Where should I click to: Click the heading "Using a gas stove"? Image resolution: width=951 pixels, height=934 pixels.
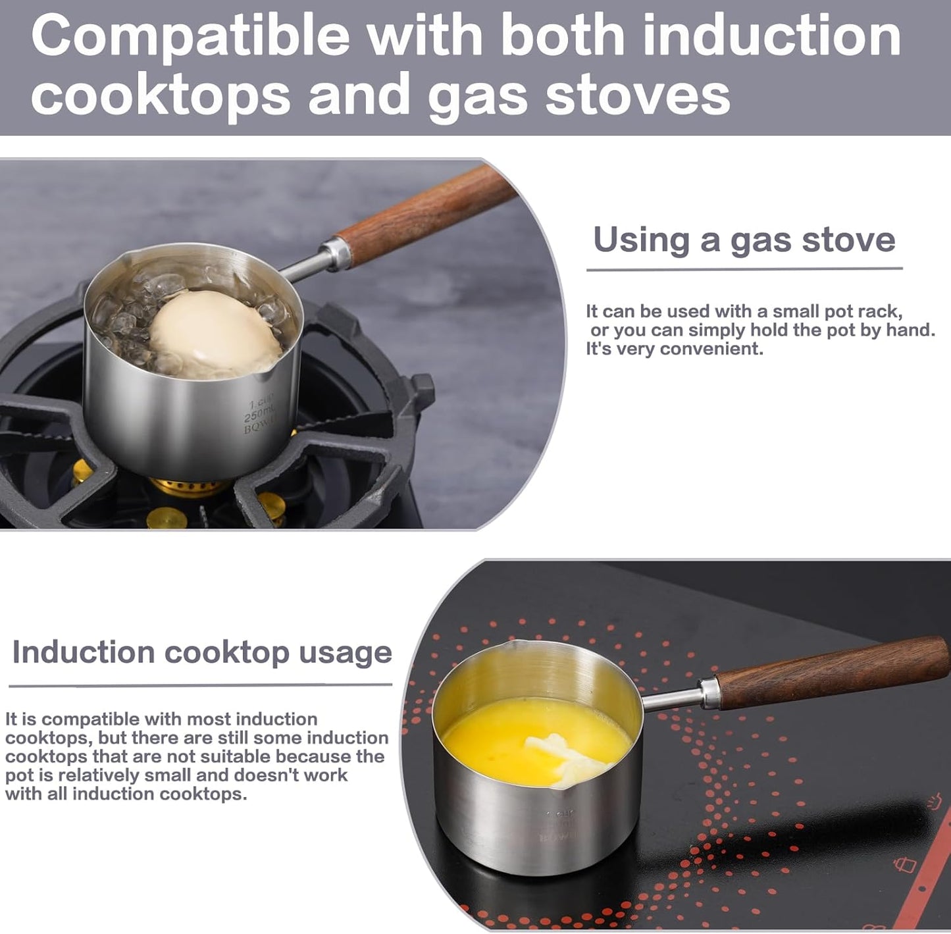tap(744, 240)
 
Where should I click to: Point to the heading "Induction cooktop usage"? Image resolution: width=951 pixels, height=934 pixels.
tap(202, 652)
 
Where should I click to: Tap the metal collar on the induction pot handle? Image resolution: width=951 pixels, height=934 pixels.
tap(709, 694)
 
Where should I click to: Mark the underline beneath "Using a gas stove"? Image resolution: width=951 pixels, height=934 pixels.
tap(744, 269)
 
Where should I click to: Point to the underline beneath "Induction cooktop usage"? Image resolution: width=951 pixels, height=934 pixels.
tap(201, 685)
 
